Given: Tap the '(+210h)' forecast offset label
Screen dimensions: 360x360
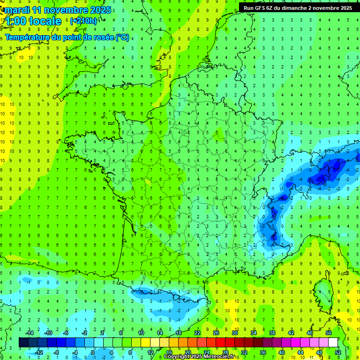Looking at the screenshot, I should coord(84,21).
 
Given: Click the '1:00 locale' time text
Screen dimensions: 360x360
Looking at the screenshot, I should coord(33,21).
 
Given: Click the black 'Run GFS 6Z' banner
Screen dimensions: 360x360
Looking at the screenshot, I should coord(299,7).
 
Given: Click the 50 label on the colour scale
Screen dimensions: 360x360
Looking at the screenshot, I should coord(328,333).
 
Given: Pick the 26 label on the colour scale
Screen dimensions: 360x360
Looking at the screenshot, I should coord(216,333).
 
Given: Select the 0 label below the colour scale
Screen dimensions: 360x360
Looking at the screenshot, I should coord(93,352).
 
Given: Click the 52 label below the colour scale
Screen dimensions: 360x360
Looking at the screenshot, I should coord(337,352).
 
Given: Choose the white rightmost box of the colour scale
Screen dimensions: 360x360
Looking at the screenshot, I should coord(333,343).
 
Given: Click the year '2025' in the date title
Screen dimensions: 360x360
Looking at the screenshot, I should coord(100,10).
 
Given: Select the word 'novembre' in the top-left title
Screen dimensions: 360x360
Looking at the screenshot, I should coord(65,10).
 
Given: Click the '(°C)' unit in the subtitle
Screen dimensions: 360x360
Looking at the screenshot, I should coord(122,37).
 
